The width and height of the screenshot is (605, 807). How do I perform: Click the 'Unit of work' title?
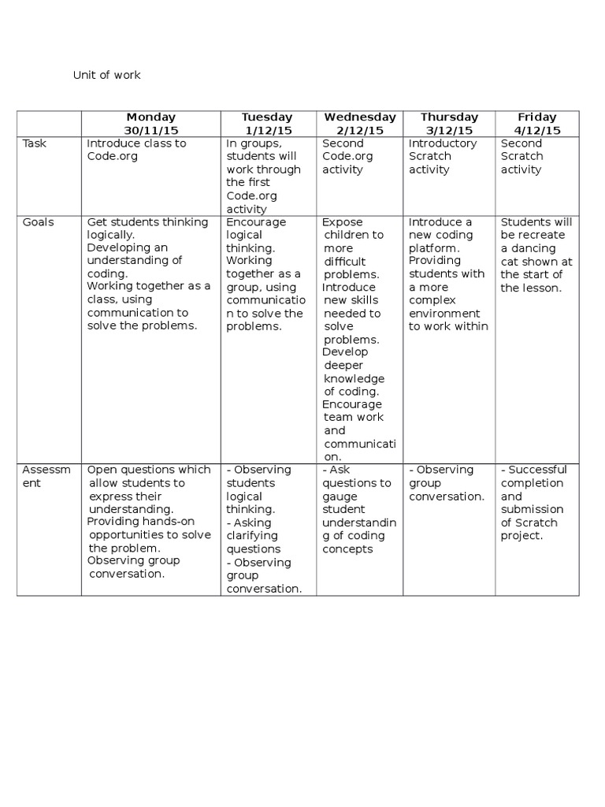coord(107,76)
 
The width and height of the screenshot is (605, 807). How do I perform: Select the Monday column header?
coord(151,117)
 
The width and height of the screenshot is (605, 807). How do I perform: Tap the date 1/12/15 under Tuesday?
coord(269,130)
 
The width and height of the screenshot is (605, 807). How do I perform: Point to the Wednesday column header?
coord(360,117)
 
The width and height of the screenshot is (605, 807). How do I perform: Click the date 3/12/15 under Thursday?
coord(450,130)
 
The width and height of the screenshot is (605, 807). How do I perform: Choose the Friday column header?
coord(537,117)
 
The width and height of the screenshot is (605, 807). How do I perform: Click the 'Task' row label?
coord(35,143)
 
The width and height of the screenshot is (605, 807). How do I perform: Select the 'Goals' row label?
coord(39,222)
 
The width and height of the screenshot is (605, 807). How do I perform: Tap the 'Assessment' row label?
coord(46,476)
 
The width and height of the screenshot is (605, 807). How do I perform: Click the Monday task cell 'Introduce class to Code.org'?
coord(136,150)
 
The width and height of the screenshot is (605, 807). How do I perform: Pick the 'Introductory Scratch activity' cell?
coord(443,156)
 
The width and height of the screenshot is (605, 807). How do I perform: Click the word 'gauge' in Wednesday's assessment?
coord(339,496)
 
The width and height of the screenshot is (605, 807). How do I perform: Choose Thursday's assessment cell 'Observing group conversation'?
coord(447,483)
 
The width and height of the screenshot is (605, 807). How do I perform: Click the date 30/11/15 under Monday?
coord(151,130)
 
